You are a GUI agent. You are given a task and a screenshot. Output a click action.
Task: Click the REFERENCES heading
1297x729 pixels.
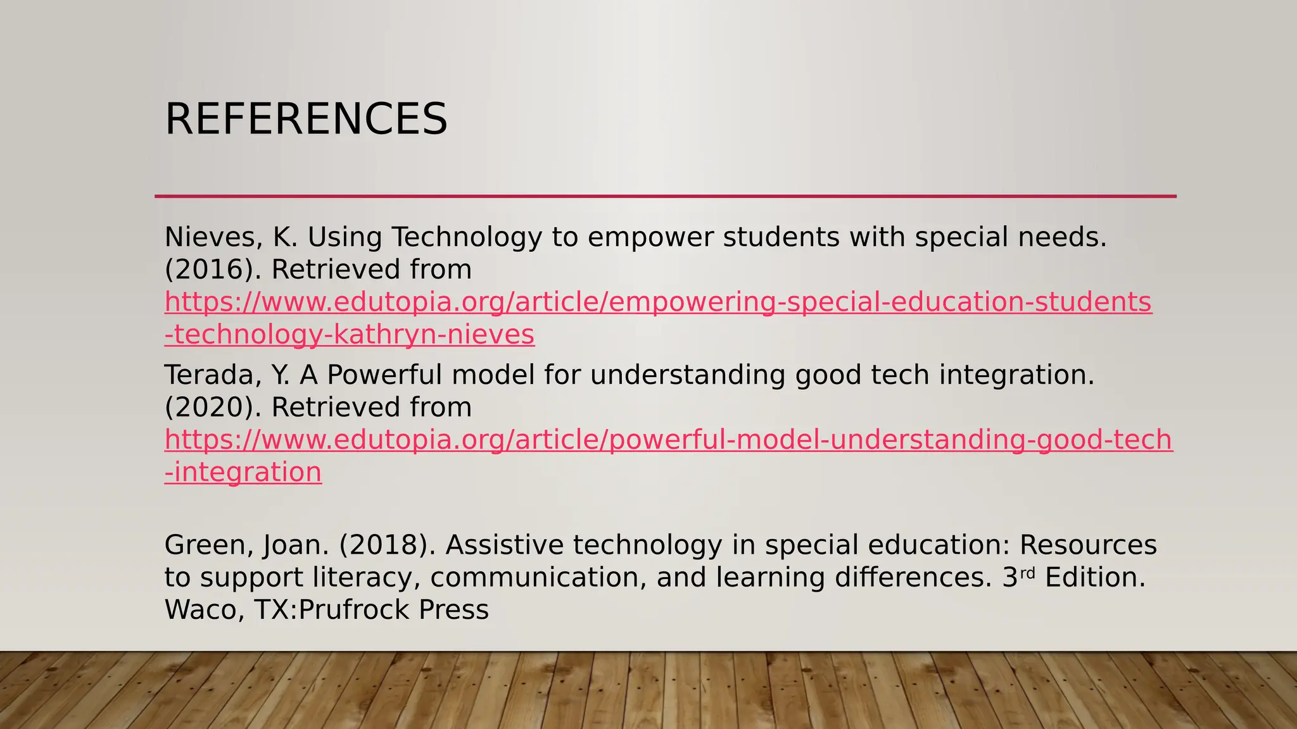click(x=306, y=119)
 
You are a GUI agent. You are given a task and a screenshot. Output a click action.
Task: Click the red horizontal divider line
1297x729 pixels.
click(x=665, y=196)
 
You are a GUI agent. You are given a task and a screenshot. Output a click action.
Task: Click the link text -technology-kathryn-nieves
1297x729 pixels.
click(x=350, y=335)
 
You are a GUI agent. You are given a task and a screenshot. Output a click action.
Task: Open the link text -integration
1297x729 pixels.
click(x=243, y=473)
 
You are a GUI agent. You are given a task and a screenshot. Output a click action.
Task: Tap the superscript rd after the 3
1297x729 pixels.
click(x=1027, y=573)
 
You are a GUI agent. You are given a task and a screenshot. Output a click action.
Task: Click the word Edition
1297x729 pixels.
click(x=1094, y=578)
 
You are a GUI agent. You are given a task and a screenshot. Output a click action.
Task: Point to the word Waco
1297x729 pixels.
click(x=204, y=610)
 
